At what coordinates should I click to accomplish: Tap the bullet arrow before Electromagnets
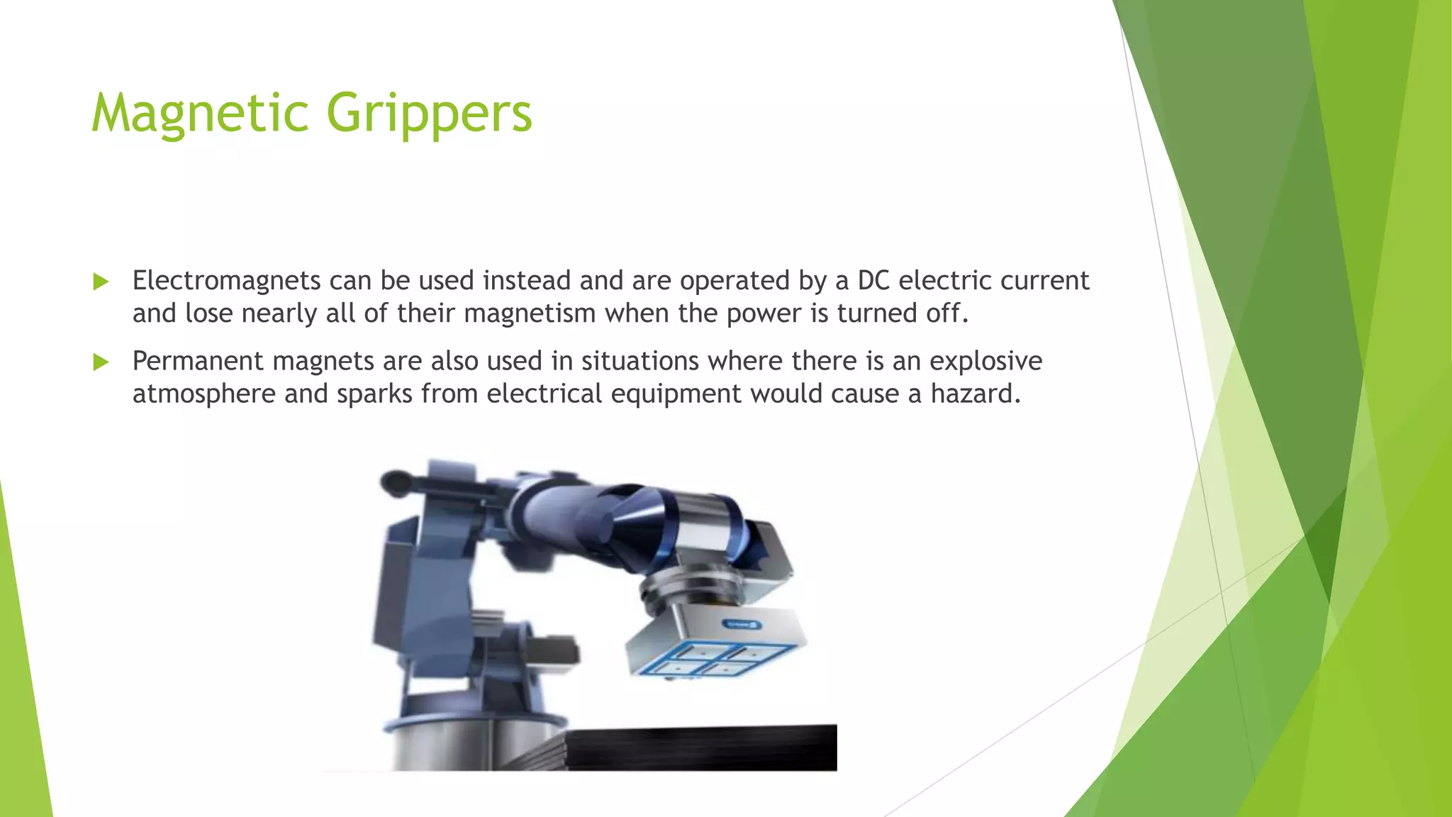click(101, 282)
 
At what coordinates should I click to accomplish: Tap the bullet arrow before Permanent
click(101, 362)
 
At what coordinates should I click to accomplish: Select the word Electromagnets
click(227, 281)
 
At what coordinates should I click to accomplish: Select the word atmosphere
click(204, 394)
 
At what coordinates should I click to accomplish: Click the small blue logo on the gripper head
click(742, 624)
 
